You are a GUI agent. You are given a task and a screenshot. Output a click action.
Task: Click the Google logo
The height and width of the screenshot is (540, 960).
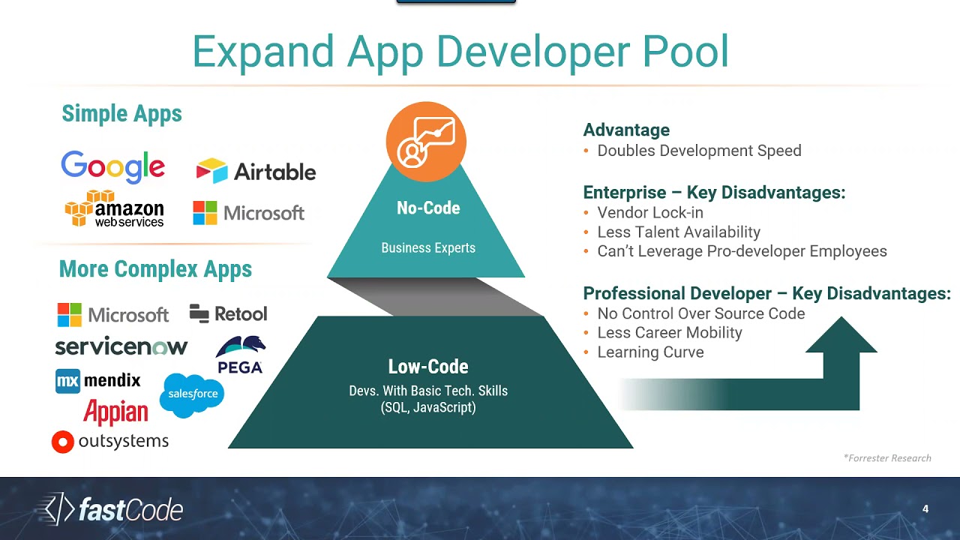point(112,166)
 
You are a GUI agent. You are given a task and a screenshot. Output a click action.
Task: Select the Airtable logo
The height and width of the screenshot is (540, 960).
point(256,172)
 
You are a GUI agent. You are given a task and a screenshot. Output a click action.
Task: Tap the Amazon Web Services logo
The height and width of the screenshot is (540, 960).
point(114,208)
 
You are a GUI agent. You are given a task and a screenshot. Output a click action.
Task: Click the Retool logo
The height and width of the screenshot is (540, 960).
point(228,313)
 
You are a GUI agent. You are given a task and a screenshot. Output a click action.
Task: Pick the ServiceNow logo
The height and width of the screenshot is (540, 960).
point(121,346)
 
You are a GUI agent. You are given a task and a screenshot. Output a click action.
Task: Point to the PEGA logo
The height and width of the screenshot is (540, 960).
point(240,355)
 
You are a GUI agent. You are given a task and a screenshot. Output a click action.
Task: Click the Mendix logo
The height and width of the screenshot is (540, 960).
point(98,380)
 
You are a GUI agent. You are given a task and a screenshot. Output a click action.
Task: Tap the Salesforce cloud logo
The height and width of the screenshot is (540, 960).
point(192,394)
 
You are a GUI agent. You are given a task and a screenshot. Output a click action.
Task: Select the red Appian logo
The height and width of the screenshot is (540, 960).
point(115,412)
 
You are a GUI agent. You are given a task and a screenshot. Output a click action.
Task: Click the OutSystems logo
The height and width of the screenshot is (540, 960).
point(110,441)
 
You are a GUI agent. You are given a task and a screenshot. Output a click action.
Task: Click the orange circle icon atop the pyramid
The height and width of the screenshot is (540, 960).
point(426,142)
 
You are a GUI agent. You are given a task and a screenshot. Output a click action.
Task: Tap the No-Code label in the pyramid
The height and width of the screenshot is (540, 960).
point(428,208)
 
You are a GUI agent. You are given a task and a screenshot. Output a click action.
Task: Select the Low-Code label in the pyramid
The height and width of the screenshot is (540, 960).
point(428,367)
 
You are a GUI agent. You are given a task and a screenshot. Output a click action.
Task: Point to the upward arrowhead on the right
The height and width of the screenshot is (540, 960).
point(841,336)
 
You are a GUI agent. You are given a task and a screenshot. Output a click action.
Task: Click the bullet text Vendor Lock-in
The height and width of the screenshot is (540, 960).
point(650,213)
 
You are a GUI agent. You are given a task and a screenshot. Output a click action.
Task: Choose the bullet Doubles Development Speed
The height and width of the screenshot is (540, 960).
point(699,151)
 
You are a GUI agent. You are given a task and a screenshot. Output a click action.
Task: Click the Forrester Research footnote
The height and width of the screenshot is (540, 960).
point(887,458)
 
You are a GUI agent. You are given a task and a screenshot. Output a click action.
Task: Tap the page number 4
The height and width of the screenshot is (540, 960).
point(925,509)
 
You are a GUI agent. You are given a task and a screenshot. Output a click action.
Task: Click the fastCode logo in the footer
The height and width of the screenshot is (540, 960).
point(110,510)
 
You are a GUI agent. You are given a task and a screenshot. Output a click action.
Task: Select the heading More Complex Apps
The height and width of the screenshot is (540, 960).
point(155,269)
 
